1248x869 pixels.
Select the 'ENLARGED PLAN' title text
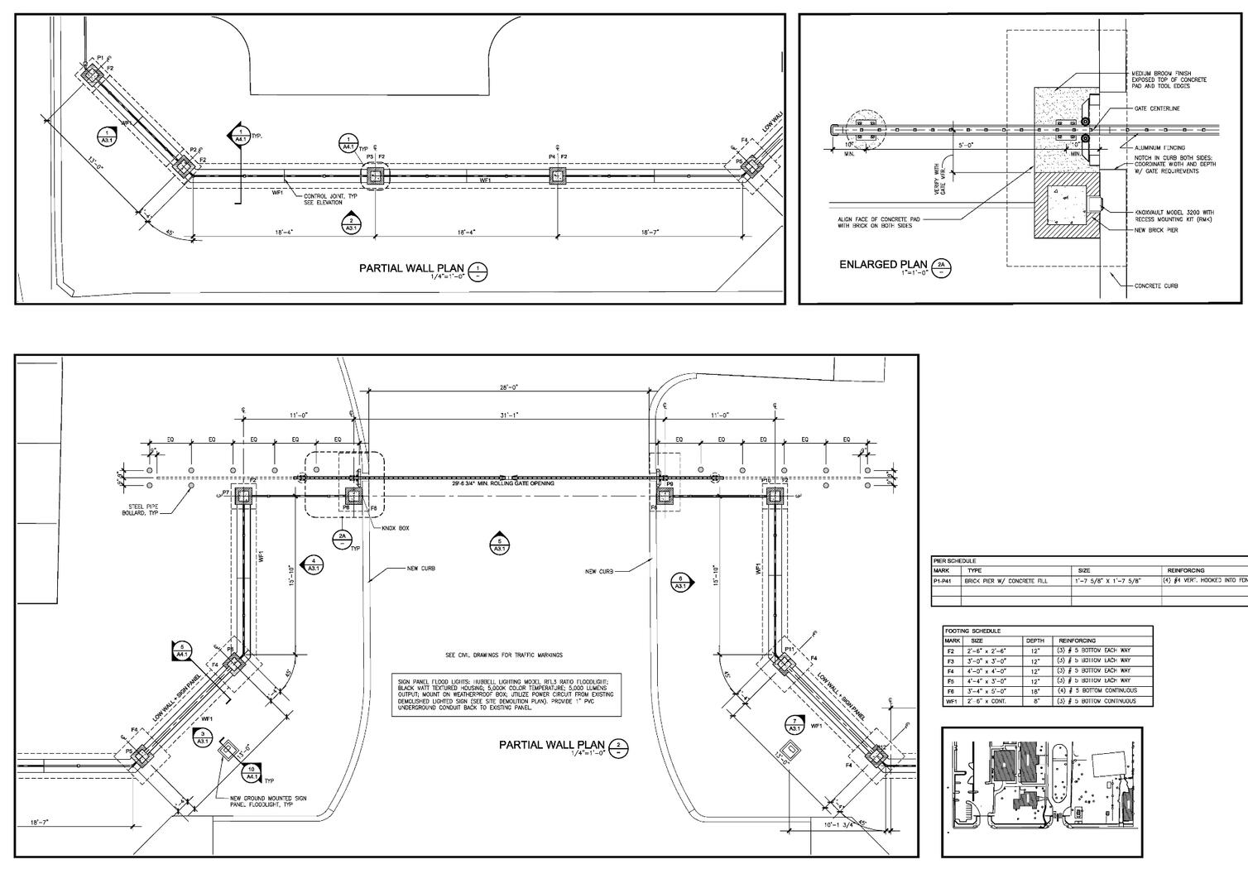point(880,265)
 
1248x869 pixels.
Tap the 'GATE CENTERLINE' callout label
point(1158,108)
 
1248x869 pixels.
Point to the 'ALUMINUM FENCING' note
point(1160,147)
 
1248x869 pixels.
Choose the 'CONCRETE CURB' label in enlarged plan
point(1157,286)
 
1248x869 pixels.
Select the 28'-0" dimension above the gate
point(508,387)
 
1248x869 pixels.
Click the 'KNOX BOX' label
point(395,527)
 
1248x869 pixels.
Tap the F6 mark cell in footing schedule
point(951,691)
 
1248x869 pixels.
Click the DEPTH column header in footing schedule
point(1035,641)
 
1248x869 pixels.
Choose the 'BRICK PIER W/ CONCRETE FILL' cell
point(1006,581)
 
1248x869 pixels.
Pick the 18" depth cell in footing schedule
point(1035,691)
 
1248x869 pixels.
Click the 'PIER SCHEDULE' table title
point(955,561)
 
